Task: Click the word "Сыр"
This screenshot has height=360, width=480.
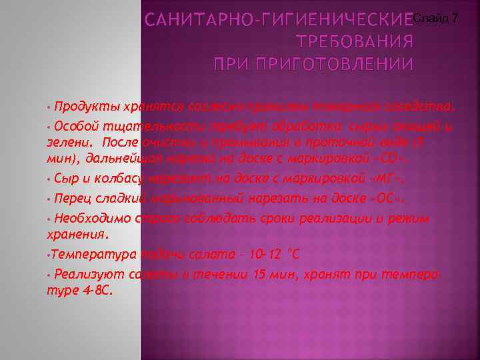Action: click(65, 179)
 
